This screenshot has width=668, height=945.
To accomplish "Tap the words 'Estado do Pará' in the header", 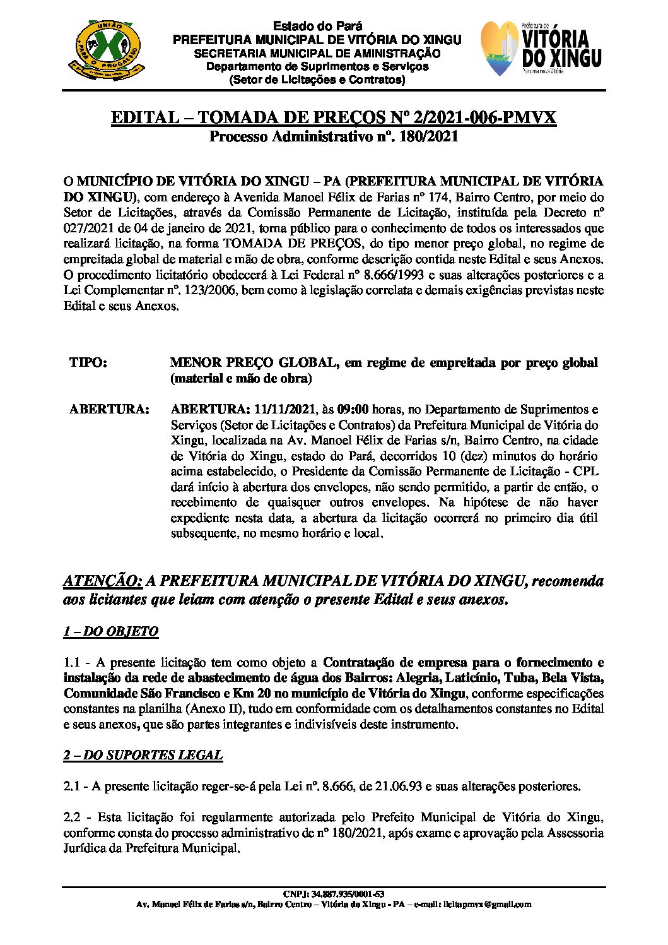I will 317,26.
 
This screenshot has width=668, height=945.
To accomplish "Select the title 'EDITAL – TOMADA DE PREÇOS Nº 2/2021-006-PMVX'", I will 334,118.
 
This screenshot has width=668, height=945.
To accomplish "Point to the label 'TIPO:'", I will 88,363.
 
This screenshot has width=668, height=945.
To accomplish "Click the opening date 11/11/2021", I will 277,409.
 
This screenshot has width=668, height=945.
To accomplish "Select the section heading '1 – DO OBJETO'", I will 110,631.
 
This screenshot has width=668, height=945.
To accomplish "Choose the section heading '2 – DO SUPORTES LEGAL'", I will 143,755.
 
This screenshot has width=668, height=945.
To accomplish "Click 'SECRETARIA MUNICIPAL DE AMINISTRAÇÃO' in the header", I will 317,54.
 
